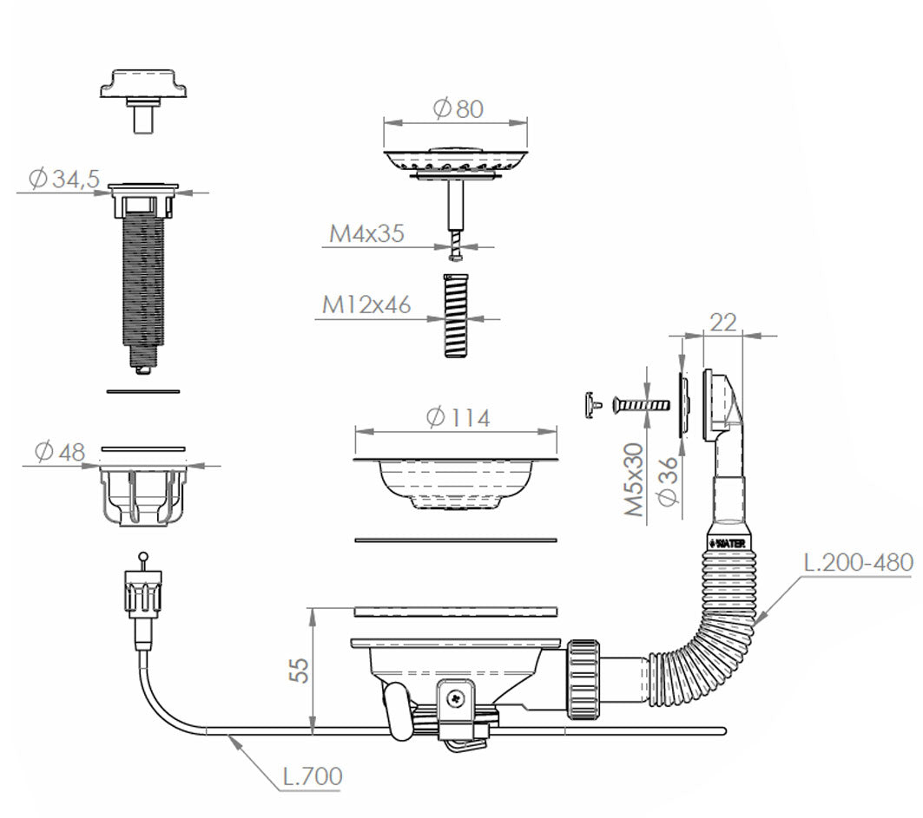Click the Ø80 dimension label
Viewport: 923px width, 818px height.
tap(458, 108)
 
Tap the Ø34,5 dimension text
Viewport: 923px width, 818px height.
tap(64, 179)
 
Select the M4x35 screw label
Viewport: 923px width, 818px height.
tap(366, 233)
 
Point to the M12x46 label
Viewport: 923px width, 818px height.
tap(366, 304)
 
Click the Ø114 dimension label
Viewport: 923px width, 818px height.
tap(458, 418)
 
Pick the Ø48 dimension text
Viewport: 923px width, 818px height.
tap(60, 452)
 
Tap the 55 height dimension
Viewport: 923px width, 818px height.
tap(299, 671)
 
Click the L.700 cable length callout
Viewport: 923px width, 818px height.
tap(313, 776)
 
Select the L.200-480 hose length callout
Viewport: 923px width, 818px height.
tap(858, 563)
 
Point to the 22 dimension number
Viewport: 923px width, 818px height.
tap(723, 323)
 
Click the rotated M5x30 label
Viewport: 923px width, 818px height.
tap(634, 480)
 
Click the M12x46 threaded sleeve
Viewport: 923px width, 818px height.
tap(455, 315)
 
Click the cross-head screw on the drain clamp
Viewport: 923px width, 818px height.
tap(455, 698)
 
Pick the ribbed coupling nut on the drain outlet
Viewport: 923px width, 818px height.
tap(584, 680)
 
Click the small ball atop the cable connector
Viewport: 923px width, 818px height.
tap(142, 556)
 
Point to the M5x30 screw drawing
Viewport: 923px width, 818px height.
tap(641, 405)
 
